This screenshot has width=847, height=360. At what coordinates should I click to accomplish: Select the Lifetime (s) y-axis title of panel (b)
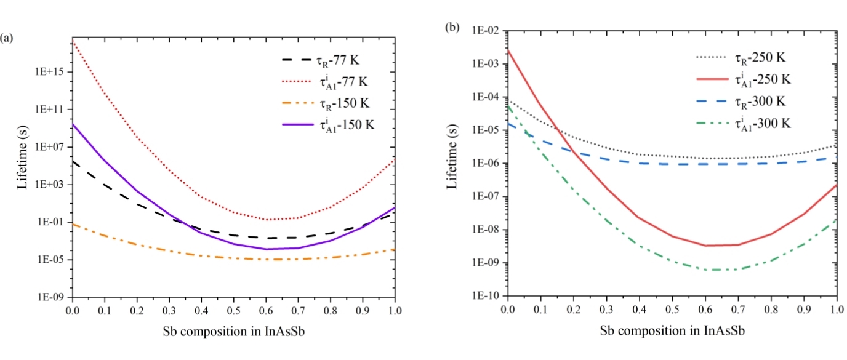point(454,162)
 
